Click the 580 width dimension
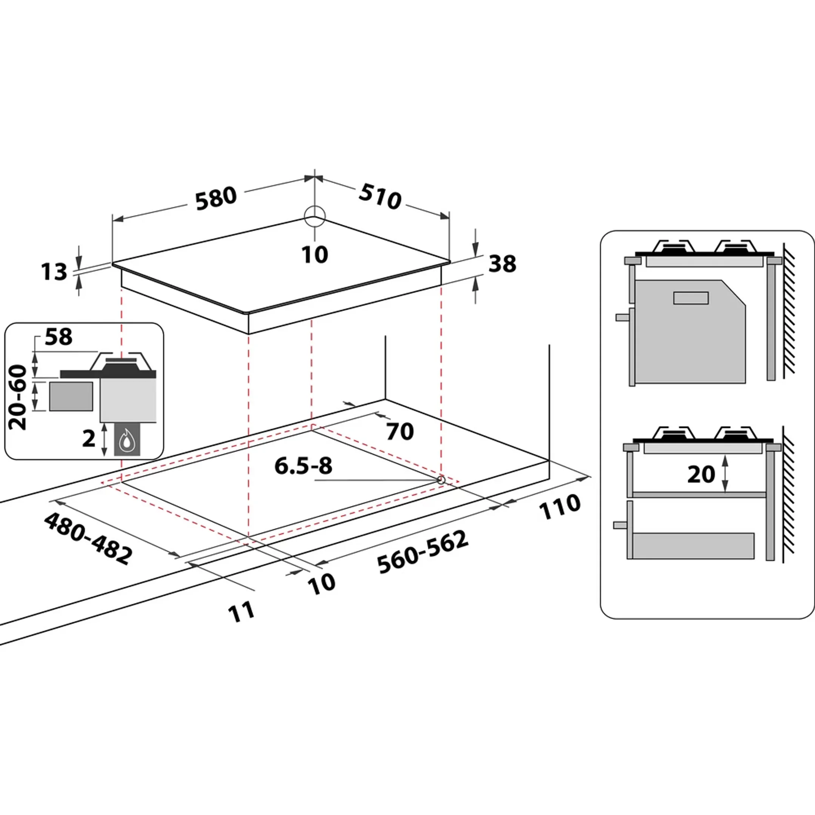pyautogui.click(x=216, y=198)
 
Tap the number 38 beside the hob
pyautogui.click(x=502, y=264)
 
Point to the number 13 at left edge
pyautogui.click(x=54, y=272)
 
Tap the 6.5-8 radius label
pyautogui.click(x=303, y=466)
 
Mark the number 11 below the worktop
pyautogui.click(x=242, y=612)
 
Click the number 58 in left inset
pyautogui.click(x=58, y=337)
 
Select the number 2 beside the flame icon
pyautogui.click(x=89, y=439)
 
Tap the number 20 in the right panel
pyautogui.click(x=701, y=475)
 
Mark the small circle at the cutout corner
pyautogui.click(x=441, y=480)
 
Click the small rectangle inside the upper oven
pyautogui.click(x=690, y=298)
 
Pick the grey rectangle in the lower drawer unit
pyautogui.click(x=694, y=546)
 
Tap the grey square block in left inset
pyautogui.click(x=71, y=396)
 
